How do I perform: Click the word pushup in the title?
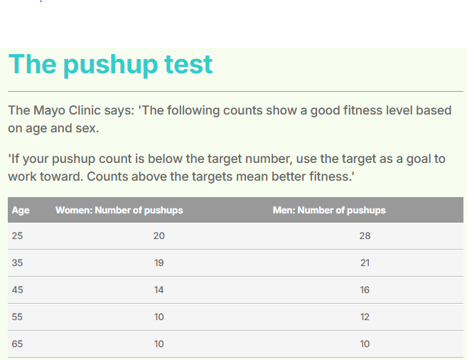point(110,65)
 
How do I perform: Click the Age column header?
point(21,211)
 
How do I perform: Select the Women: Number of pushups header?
point(119,211)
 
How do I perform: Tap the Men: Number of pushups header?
point(329,211)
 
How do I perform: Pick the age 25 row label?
point(17,235)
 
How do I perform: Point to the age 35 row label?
point(17,263)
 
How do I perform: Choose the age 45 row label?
point(17,290)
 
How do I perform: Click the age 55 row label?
point(17,317)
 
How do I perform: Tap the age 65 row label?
point(17,344)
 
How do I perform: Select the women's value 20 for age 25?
point(159,235)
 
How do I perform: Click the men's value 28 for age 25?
point(365,235)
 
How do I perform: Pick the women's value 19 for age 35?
point(159,263)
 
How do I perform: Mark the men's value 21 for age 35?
point(365,263)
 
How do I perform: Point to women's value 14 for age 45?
point(159,290)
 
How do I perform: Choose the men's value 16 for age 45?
point(365,290)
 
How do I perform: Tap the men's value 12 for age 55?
point(365,317)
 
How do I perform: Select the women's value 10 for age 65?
point(159,344)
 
